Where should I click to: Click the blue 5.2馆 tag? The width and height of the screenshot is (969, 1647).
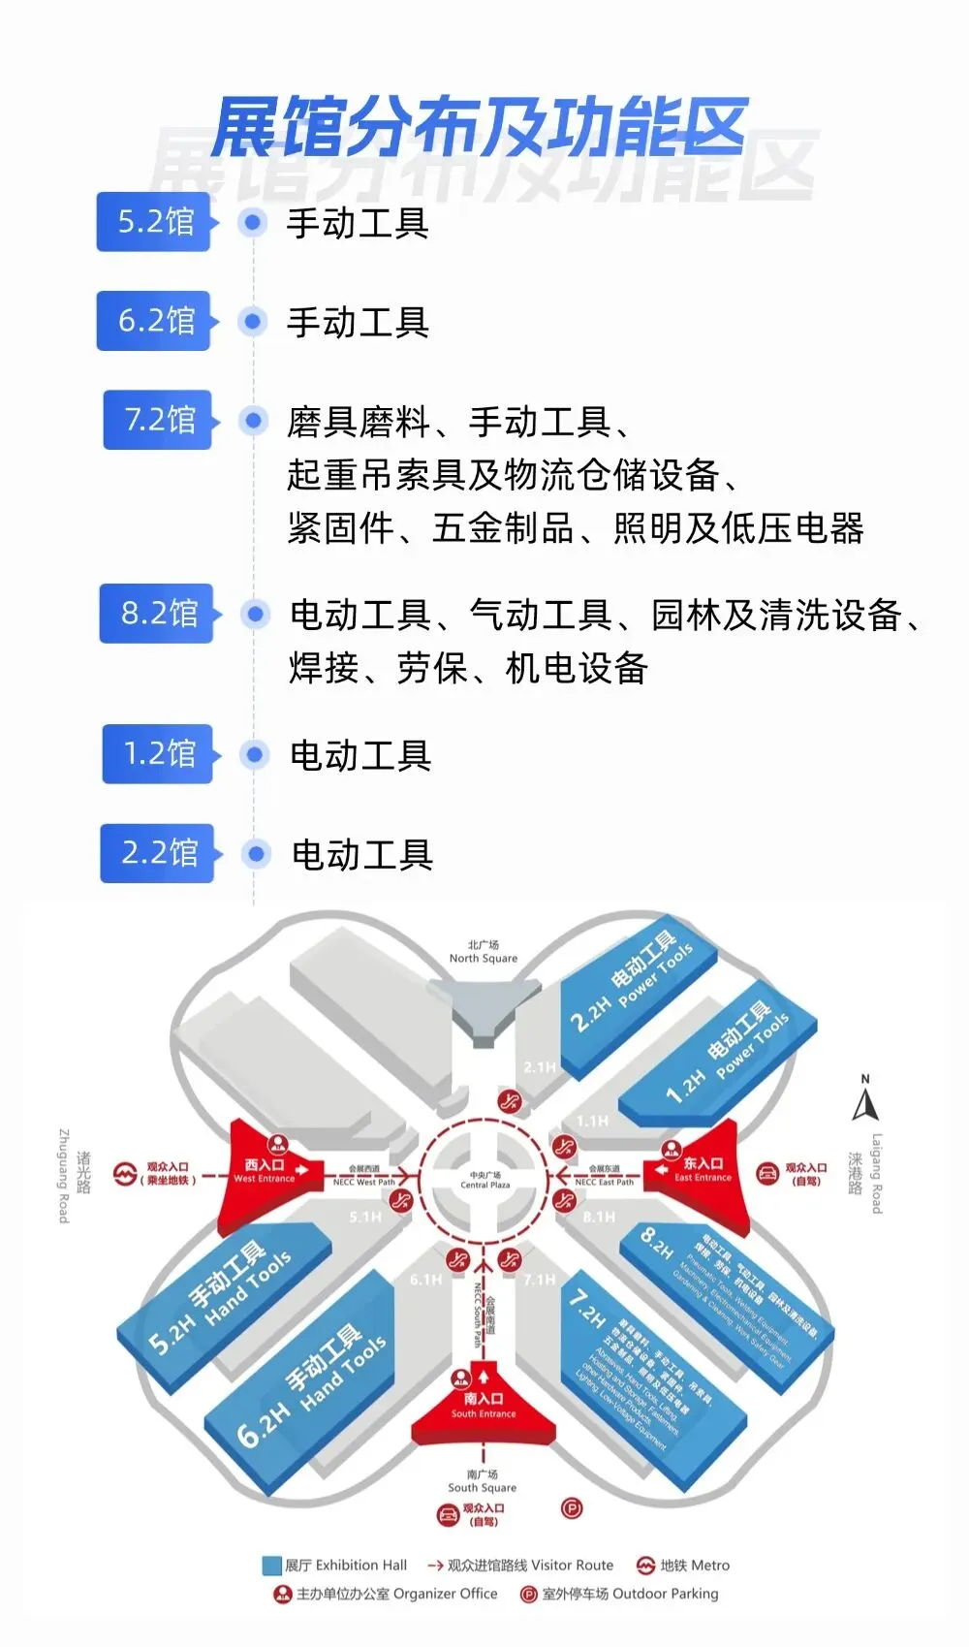(155, 222)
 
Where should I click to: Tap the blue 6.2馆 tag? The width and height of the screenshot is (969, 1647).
(155, 321)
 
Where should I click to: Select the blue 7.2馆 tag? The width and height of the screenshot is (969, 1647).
(159, 420)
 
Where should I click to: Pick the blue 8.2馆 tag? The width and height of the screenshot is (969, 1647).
(158, 614)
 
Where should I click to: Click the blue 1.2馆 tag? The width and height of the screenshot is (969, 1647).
(159, 754)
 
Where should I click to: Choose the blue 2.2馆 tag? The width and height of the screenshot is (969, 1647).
(158, 853)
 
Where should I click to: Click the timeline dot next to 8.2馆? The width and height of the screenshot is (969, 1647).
(256, 614)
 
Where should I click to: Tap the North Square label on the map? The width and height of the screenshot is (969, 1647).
(483, 952)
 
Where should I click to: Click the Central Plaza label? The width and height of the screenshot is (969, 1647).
(484, 1180)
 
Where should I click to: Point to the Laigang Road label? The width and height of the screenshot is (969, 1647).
(876, 1173)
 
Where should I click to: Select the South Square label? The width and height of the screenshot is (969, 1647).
(482, 1481)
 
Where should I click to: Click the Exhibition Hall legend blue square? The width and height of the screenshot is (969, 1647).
(271, 1566)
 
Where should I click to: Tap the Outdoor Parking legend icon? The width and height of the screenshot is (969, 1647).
(529, 1594)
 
